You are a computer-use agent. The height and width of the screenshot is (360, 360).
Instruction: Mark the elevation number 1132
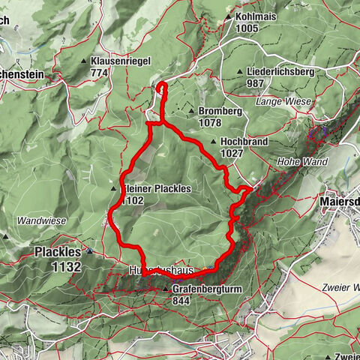(x=58, y=266)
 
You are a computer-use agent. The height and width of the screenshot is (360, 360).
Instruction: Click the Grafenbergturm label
(x=211, y=288)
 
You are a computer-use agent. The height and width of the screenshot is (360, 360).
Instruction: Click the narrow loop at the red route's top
(x=163, y=91)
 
